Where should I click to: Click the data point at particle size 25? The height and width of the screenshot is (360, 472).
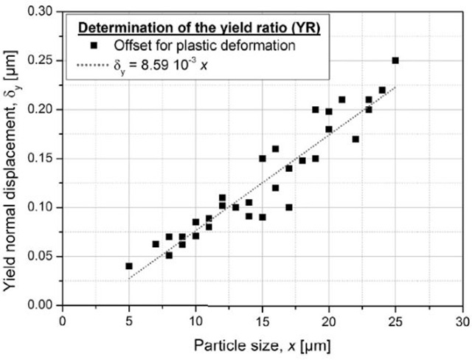[395, 60]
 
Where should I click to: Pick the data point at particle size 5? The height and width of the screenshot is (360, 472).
[129, 266]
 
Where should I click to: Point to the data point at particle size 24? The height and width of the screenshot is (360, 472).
[382, 90]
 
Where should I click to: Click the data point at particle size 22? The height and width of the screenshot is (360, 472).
[355, 139]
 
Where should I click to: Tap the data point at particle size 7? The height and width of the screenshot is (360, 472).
[156, 243]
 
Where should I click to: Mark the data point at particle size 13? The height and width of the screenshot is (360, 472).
[235, 207]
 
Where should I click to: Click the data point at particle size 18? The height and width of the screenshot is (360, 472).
[302, 160]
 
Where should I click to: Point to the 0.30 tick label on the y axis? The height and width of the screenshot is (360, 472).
[41, 12]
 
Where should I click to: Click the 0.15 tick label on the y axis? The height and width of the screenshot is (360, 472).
[41, 159]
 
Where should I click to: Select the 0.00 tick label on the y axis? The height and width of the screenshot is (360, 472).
[41, 305]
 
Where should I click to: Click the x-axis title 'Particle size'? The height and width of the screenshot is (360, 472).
[263, 345]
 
